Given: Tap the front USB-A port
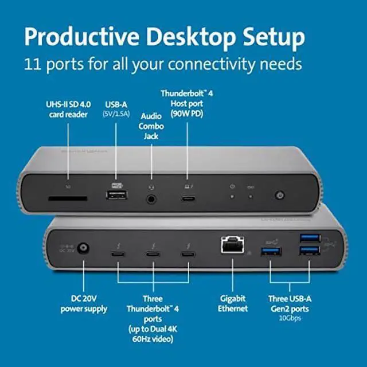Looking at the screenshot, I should (x=116, y=197).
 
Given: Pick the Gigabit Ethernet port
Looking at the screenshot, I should (x=232, y=246).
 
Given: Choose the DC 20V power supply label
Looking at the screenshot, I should (x=84, y=303).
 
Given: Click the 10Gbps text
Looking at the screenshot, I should (x=291, y=317).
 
